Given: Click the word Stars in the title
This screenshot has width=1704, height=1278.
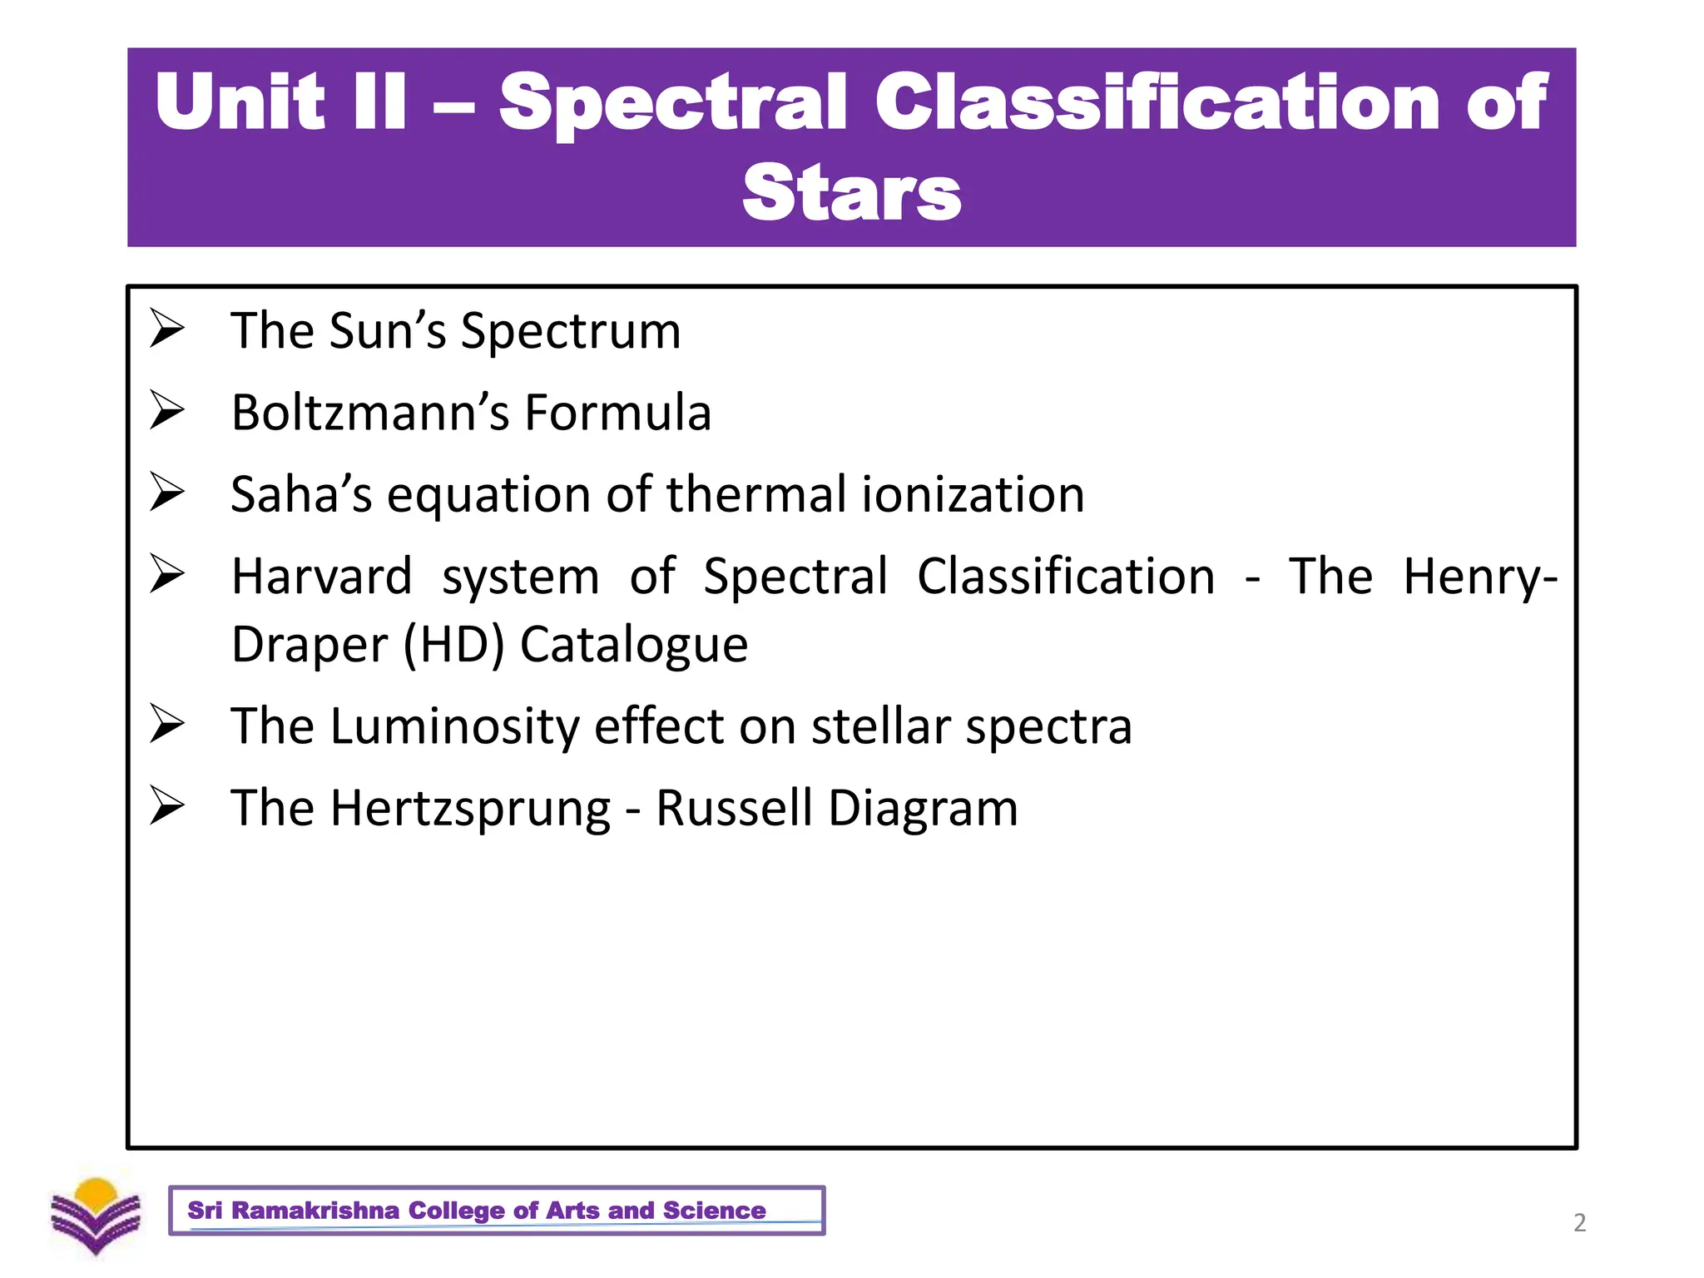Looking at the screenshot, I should coord(851,194).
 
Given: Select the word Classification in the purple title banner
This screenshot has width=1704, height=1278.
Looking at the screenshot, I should coord(1157,102).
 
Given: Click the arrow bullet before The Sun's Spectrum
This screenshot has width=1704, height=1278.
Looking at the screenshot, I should coord(166,329).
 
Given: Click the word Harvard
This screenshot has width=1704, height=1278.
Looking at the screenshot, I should coord(321,576).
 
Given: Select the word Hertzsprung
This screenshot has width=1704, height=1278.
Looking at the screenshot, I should coord(470,808).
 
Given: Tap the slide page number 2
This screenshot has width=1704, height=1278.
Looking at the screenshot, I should coord(1579,1222).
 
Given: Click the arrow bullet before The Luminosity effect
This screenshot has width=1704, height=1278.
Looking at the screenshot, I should coord(166,724).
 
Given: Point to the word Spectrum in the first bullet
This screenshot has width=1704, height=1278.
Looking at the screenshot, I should coord(571,330).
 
